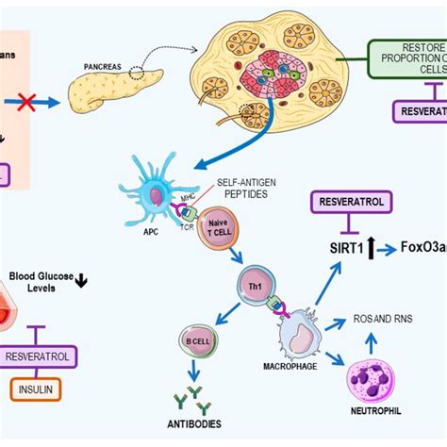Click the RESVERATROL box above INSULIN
coord(41,356)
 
